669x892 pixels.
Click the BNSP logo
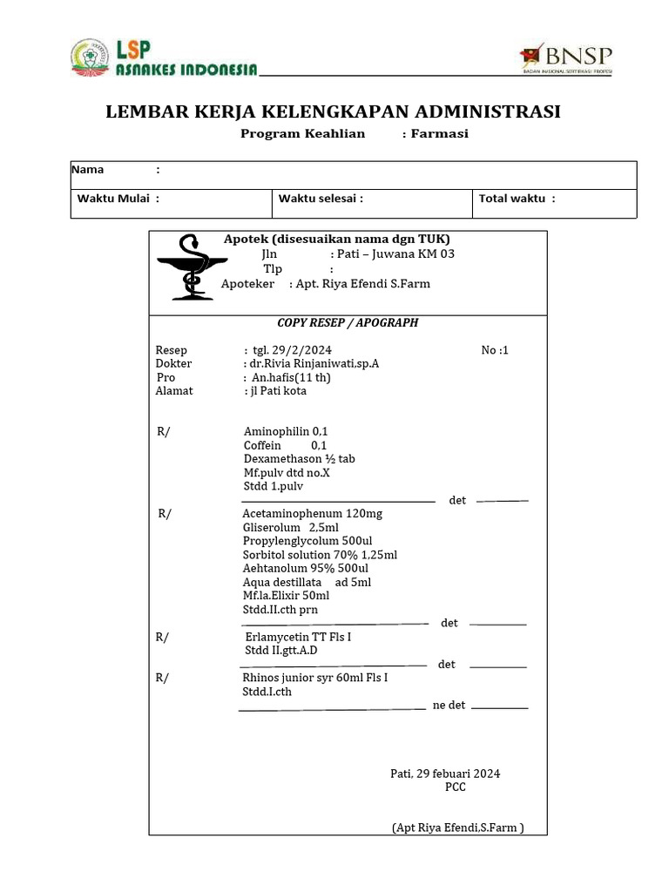click(565, 57)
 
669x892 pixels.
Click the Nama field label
click(87, 170)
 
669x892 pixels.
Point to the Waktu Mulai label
click(113, 199)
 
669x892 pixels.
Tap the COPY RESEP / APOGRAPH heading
click(348, 322)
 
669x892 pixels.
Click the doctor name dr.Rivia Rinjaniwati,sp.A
click(311, 364)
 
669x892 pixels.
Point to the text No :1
click(494, 350)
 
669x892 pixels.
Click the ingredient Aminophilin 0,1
click(286, 432)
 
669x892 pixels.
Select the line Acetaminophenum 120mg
click(313, 514)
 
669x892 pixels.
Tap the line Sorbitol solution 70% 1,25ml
click(320, 555)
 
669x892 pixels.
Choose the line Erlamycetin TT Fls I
click(298, 638)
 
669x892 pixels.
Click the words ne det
click(449, 706)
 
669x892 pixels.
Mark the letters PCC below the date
click(455, 787)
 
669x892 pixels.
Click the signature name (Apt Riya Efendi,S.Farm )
click(457, 828)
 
